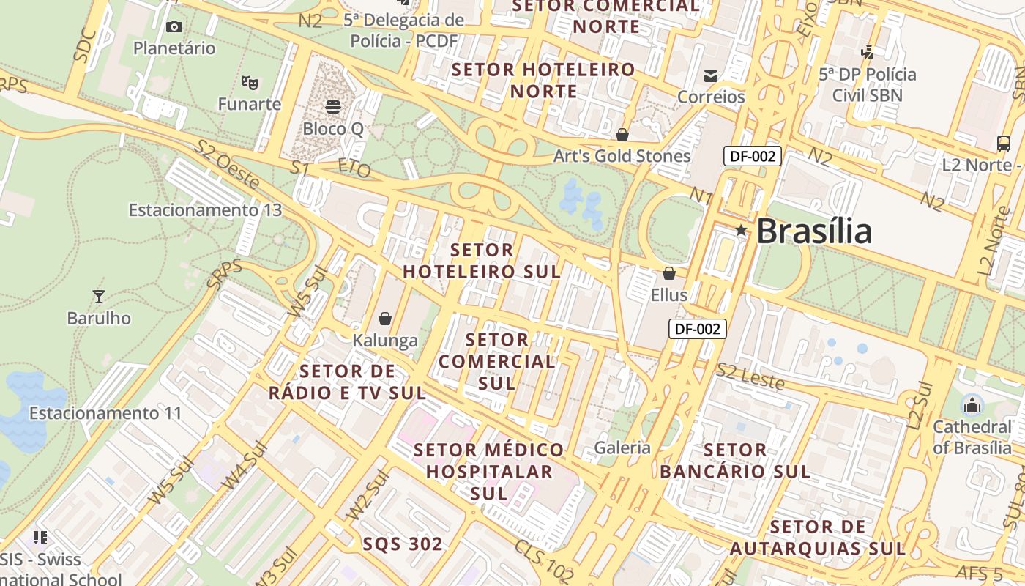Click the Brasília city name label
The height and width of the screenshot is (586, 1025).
[813, 231]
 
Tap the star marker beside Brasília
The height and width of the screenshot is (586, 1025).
[741, 230]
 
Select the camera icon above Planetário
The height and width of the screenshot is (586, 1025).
[174, 27]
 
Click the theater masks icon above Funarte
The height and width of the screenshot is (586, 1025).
[250, 82]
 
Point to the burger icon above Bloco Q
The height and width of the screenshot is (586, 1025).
[333, 107]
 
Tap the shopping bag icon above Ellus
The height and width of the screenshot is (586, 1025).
[669, 273]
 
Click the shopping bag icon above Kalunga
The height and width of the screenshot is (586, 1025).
[385, 319]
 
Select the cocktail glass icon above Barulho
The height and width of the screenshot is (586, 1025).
[99, 296]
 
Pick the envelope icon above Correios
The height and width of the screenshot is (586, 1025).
[710, 75]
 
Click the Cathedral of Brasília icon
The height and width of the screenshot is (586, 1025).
[972, 404]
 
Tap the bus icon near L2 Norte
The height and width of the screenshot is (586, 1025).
[1004, 144]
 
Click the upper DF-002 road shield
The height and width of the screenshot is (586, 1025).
[753, 155]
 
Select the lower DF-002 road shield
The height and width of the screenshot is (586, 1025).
[698, 329]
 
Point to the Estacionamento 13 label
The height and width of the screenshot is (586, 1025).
[205, 210]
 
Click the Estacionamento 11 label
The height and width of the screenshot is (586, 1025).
[105, 413]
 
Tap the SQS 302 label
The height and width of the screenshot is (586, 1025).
[403, 544]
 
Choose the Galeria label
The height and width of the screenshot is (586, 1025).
[622, 448]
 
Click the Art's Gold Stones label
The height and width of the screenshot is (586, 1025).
[622, 156]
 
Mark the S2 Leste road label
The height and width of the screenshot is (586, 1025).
[750, 377]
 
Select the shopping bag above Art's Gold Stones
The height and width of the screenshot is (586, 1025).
[622, 135]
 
